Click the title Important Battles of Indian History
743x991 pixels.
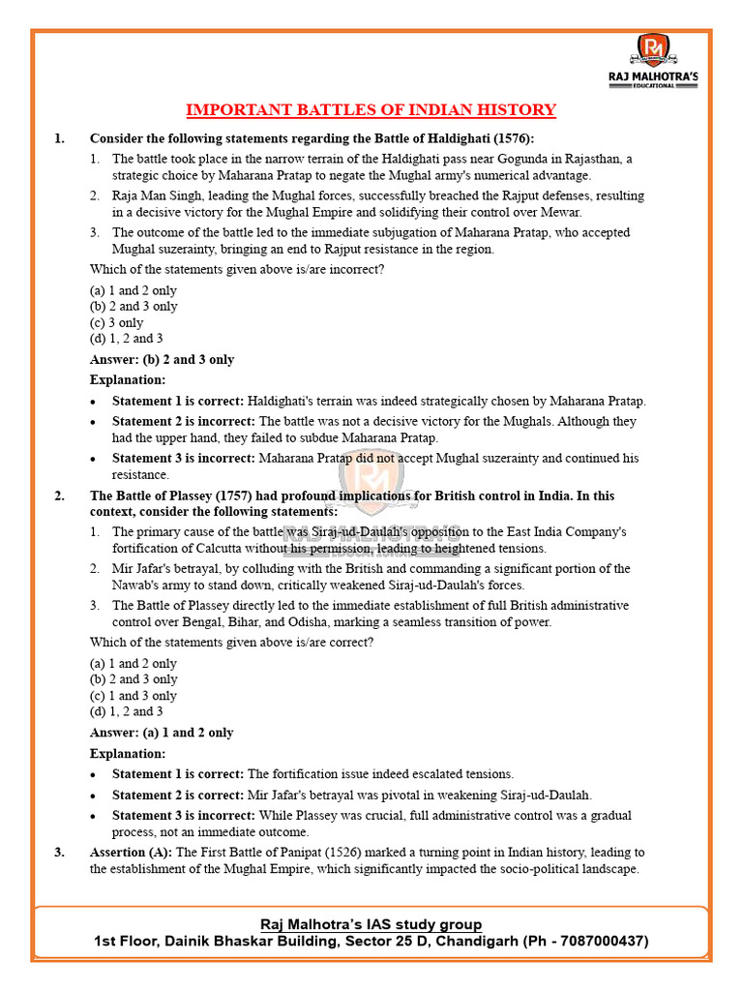371,109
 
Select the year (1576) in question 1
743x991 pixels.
510,138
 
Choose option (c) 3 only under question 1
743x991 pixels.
116,322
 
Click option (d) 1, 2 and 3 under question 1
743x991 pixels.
127,339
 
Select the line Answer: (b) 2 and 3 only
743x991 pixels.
162,359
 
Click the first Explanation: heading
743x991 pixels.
128,379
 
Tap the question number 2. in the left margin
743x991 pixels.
60,495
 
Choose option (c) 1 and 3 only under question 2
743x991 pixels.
134,695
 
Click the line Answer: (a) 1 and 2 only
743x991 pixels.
162,733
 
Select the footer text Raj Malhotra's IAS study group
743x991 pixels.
371,924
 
